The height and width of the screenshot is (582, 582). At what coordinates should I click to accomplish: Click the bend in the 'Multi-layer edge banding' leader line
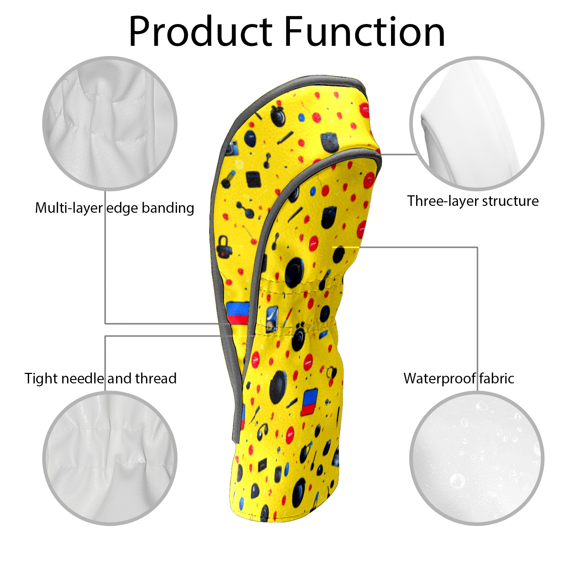click(105, 323)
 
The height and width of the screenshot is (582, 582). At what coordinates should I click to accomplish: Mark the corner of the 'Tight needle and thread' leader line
click(105, 336)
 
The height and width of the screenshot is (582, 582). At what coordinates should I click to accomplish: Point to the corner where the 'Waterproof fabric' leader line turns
click(477, 248)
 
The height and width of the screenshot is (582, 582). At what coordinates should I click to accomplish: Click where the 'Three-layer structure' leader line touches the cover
click(381, 154)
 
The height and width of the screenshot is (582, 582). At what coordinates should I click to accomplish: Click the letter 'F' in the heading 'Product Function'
click(294, 32)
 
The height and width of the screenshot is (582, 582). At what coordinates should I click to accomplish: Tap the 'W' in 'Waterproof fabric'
click(412, 378)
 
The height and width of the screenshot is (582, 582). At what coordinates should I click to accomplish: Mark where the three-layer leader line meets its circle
click(416, 154)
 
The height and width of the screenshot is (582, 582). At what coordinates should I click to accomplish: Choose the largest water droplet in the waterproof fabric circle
click(457, 481)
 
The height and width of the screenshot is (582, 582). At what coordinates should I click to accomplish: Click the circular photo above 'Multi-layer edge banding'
click(110, 123)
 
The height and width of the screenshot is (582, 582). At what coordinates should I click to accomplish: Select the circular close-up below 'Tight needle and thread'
click(110, 458)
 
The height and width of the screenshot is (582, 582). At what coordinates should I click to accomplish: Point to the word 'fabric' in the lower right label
click(497, 378)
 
